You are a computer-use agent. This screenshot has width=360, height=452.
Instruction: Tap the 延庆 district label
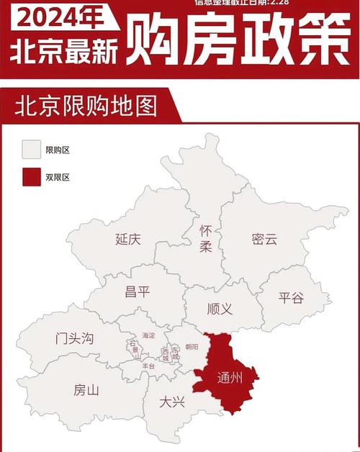pos(128,240)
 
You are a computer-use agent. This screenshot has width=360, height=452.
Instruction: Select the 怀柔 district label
pos(206,240)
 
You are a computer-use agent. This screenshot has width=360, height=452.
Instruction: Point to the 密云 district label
pos(264,240)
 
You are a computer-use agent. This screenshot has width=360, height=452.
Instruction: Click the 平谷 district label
pos(291,298)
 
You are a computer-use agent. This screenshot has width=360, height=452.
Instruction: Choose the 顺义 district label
pos(219,309)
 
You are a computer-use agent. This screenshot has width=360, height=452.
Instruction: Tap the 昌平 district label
pos(138,291)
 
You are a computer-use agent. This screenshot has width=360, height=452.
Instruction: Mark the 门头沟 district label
pos(75,338)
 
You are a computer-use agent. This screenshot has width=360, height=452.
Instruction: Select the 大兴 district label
pos(172,402)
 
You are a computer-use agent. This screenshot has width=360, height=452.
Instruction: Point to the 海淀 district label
pos(148,335)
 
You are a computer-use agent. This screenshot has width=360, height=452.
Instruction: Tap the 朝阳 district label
pos(191,347)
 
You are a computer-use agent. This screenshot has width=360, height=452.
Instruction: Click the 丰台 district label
pos(148,366)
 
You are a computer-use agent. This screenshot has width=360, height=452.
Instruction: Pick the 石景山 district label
pos(133,349)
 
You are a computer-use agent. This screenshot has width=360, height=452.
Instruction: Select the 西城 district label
pos(165,353)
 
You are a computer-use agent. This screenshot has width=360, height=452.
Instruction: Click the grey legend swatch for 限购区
pos(30,149)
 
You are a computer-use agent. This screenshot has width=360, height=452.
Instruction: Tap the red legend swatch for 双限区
pos(30,176)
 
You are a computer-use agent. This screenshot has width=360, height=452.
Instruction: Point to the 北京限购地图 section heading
pos(85,106)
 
